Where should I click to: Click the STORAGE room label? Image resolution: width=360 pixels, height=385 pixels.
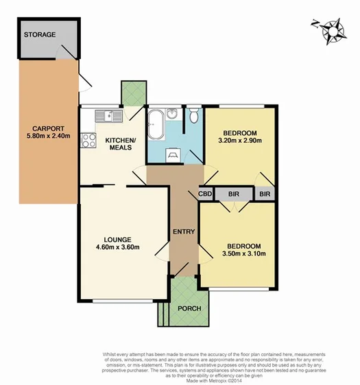tap(40, 35)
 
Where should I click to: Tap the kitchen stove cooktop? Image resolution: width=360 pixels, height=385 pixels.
tap(88, 141)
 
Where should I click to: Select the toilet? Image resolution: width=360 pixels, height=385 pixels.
tap(193, 117)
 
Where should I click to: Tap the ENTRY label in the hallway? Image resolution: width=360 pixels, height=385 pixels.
tap(183, 231)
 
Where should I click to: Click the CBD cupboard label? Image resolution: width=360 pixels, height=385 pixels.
tap(205, 195)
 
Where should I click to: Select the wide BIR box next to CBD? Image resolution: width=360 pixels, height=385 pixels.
tap(233, 195)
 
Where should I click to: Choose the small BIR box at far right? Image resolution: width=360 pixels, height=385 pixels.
tap(265, 195)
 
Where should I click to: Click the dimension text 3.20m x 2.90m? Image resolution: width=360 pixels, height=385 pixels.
tap(240, 141)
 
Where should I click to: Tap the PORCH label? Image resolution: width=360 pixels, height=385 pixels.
tap(189, 308)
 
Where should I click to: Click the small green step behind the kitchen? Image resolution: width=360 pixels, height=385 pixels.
tap(133, 93)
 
